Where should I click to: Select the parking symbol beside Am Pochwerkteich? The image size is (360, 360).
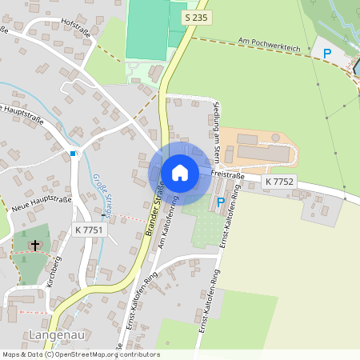[326, 54]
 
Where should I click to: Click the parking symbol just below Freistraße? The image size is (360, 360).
[221, 203]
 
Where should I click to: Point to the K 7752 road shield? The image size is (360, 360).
[279, 182]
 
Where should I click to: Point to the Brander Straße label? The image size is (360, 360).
[152, 210]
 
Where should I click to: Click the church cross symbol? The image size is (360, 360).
[34, 246]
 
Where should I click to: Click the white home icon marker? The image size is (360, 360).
[180, 172]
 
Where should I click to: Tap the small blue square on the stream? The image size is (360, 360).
[73, 153]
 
